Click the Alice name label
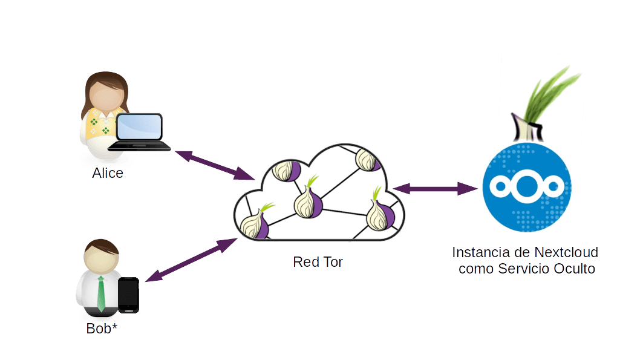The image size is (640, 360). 108,174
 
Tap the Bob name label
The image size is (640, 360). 101,330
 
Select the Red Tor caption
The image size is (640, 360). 318,263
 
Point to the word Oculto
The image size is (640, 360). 574,269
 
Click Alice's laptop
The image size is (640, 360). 140,133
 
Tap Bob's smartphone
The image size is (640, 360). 128,295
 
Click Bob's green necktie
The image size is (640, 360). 101,293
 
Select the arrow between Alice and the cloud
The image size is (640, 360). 214,165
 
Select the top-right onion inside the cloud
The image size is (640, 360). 367,160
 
